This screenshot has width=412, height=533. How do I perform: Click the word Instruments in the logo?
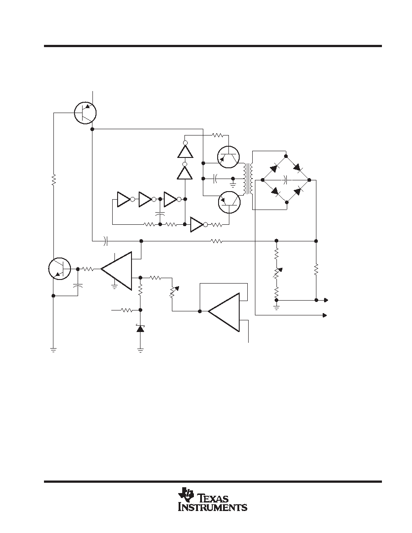[213, 507]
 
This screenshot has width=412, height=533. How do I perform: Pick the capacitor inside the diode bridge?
[285, 179]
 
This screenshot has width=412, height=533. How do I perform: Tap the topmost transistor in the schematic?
[85, 113]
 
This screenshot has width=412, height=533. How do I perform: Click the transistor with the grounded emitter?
[60, 269]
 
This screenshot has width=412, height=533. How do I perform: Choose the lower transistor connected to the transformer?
[229, 202]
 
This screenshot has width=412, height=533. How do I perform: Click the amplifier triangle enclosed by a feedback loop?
[224, 312]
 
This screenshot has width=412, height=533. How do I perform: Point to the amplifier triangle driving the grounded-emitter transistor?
[116, 271]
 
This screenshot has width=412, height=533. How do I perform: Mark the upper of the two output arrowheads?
[326, 300]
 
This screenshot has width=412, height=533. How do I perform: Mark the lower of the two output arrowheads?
[325, 315]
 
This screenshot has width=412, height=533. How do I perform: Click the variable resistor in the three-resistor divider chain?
[277, 273]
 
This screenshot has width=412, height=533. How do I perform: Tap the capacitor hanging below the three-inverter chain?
[159, 213]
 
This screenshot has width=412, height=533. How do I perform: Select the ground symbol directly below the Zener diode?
[140, 350]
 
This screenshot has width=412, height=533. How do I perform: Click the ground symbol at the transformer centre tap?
[233, 185]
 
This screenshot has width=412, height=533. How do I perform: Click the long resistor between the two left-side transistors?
[53, 180]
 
